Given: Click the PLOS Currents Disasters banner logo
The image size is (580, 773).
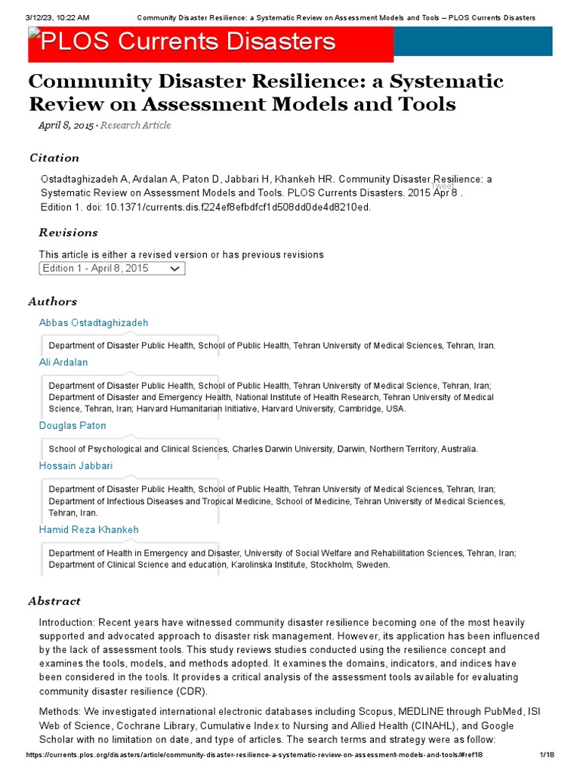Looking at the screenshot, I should (189, 42).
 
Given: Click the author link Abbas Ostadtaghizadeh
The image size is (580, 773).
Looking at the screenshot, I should (94, 323).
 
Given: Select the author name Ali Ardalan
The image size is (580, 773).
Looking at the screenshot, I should (63, 362).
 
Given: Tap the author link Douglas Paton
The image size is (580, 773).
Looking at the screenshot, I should (72, 426).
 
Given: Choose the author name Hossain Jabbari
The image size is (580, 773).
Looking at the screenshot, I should (76, 466).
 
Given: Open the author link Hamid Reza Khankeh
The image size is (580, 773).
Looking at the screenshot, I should (89, 530).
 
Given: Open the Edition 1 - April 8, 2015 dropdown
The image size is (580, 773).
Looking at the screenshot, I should (112, 269).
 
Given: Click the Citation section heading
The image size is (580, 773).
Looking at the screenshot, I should (54, 158).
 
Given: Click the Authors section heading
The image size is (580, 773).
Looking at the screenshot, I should (53, 302).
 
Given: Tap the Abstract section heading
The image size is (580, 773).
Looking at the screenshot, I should (54, 601).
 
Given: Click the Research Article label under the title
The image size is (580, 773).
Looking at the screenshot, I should (136, 125).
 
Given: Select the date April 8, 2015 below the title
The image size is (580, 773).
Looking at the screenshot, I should (66, 125).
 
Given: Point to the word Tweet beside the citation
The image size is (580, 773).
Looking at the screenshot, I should (443, 186).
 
